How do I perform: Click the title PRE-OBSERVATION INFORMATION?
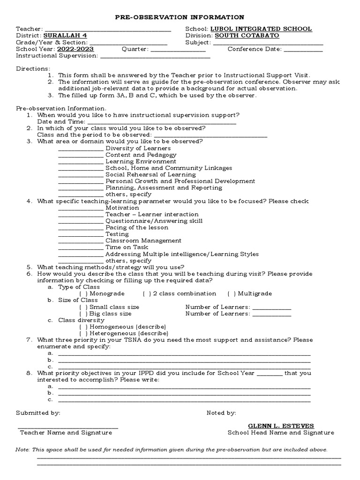pos(180,17)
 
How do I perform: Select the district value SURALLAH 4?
pos(65,36)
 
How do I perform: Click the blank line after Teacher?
pos(108,30)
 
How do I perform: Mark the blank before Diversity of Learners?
pos(81,150)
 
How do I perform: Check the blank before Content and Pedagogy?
pos(81,156)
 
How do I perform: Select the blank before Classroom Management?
pos(81,242)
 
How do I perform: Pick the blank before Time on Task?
pos(81,248)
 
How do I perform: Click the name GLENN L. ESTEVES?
pos(281,426)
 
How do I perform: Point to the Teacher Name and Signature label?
pos(66,433)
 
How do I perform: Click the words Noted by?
pos(221,413)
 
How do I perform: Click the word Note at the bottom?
pos(22,449)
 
